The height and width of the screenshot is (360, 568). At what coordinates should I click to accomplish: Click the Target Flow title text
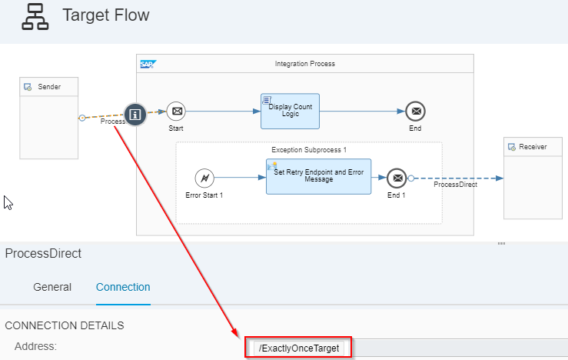pos(105,15)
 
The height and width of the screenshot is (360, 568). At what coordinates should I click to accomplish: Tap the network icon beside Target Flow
pos(35,16)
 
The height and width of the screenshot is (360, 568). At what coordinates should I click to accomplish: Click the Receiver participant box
pos(532,178)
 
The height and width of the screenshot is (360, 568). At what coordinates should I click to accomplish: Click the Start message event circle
pos(176,112)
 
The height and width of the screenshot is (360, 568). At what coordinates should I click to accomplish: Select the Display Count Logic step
pos(290,112)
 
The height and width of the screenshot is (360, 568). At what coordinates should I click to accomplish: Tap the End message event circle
pos(415,112)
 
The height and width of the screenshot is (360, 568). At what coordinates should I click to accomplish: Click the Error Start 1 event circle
pos(204,178)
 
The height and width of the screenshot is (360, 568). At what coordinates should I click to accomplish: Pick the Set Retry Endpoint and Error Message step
pos(318,177)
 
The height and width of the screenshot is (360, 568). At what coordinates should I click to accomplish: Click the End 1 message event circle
pos(396,178)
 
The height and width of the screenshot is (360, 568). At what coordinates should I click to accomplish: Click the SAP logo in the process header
pos(148,64)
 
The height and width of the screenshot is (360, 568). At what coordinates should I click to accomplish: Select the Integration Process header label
pos(304,64)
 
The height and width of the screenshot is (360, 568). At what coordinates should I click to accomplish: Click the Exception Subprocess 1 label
pos(309,149)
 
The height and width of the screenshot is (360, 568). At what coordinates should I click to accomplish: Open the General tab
pos(52,287)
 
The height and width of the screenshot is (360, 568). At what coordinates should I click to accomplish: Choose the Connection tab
pos(123,287)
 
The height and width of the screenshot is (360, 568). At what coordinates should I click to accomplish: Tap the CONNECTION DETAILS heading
pos(64,325)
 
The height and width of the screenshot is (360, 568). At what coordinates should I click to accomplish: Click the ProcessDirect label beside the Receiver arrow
pos(455,185)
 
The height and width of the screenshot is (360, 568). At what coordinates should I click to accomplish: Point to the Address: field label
pos(35,346)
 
